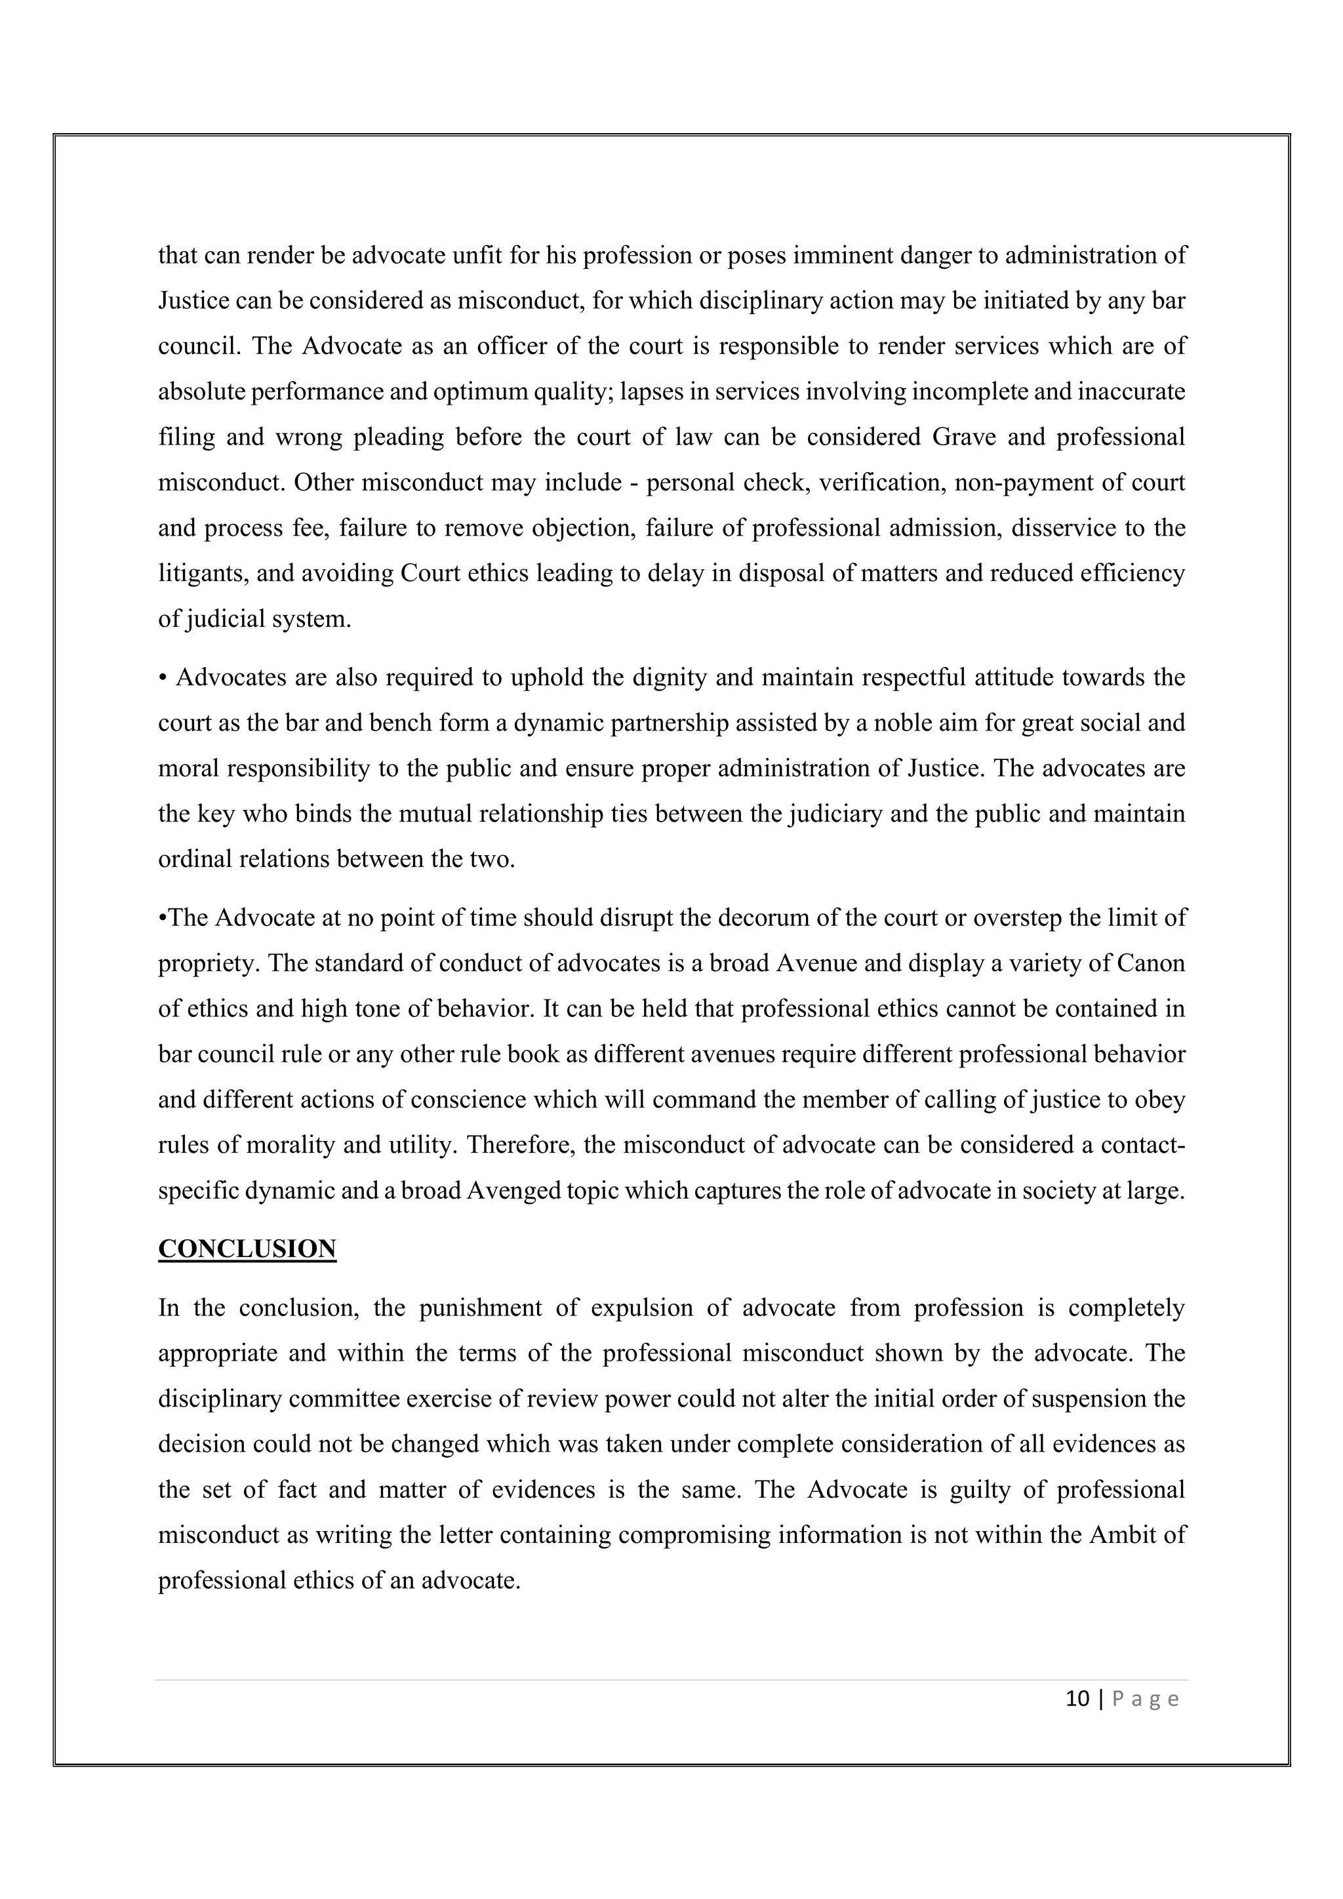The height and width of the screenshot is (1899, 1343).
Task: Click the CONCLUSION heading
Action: coord(247,1249)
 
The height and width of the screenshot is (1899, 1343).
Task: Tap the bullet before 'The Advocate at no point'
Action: coord(162,918)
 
